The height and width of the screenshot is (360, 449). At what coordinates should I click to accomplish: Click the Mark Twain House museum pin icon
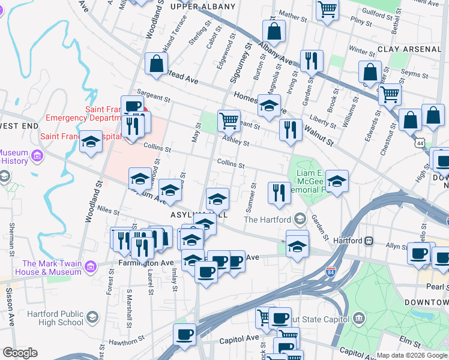90,265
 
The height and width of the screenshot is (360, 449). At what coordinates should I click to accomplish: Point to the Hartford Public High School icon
92,316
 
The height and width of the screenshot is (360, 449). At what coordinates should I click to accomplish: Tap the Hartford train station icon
370,241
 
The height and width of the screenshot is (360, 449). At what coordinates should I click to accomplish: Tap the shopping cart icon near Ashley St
229,121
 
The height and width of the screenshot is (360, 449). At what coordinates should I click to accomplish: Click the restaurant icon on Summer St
279,193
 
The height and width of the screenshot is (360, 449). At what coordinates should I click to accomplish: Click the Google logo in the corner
20,353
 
